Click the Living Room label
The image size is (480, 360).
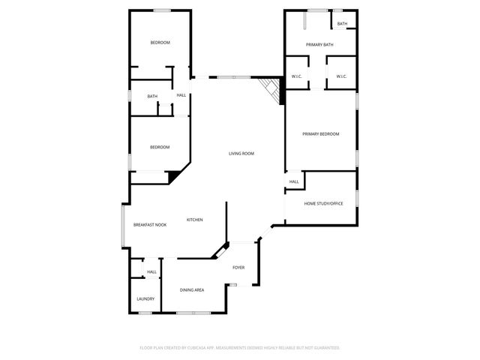click(x=241, y=154)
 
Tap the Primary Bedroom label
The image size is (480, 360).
click(x=320, y=134)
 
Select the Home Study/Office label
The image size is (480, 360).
click(x=323, y=203)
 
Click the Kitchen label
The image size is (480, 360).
click(x=195, y=220)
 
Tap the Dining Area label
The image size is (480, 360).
click(x=192, y=289)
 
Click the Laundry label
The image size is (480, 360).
click(x=145, y=298)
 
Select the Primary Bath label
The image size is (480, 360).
click(x=319, y=45)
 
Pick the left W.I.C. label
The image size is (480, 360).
click(x=296, y=76)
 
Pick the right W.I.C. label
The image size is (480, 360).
click(x=340, y=76)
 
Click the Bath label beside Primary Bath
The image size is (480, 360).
click(x=342, y=24)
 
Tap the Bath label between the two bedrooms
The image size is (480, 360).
click(x=152, y=96)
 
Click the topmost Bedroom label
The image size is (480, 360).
click(x=160, y=43)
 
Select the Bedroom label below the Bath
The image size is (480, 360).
click(x=159, y=147)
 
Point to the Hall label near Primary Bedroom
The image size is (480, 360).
click(x=294, y=181)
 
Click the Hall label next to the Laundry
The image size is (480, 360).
click(x=151, y=271)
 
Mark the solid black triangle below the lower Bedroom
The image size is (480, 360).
click(x=175, y=177)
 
